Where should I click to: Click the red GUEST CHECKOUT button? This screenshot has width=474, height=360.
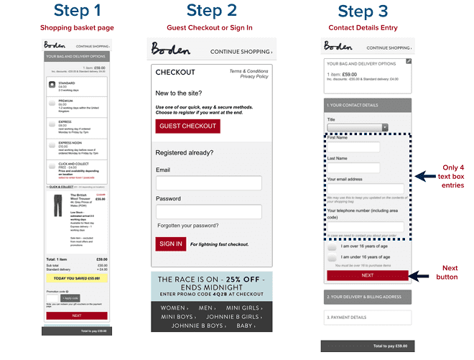tap(187, 126)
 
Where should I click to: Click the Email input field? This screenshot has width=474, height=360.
tap(208, 183)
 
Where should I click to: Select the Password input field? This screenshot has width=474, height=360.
tap(208, 212)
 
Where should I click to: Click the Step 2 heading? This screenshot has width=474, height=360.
tap(211, 11)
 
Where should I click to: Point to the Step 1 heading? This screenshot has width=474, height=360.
tap(77, 11)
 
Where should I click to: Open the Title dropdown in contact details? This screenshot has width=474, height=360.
tap(358, 127)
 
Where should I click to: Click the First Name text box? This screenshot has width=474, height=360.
tap(353, 147)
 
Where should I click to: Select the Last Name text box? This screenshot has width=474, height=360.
tap(353, 167)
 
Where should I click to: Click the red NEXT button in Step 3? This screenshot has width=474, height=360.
tap(367, 275)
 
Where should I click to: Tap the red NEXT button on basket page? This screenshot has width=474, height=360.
tap(76, 315)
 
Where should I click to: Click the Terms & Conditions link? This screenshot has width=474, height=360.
tap(248, 71)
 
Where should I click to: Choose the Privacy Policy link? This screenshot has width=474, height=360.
tap(254, 77)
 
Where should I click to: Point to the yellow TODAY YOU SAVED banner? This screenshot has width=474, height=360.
tap(76, 278)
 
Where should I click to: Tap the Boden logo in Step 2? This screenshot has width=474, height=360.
tap(172, 50)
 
